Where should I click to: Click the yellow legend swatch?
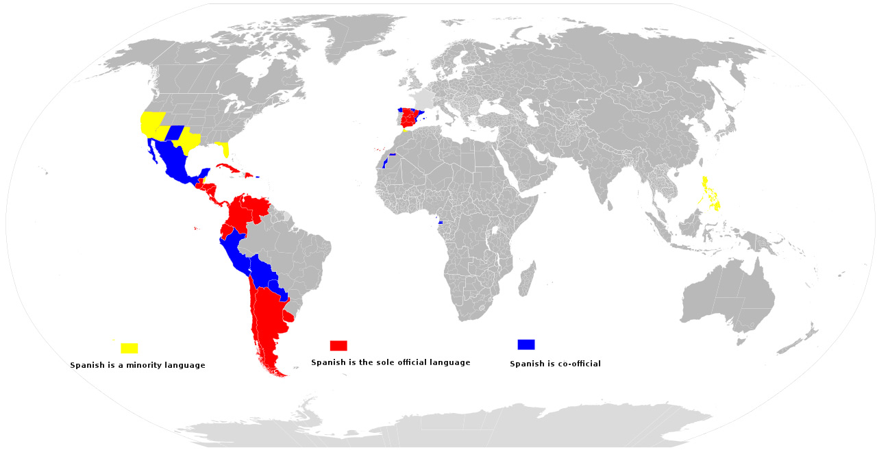click(129, 348)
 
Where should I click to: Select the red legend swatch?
click(338, 345)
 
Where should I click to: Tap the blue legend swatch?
click(526, 344)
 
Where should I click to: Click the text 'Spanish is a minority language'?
click(138, 365)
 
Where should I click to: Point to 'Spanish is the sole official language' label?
click(391, 362)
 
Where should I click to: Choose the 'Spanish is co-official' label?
click(555, 364)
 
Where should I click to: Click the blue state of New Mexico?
click(174, 133)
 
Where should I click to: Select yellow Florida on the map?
click(223, 149)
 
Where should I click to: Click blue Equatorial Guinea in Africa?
click(440, 223)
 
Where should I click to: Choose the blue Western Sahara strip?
click(385, 163)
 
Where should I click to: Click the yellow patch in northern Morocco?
click(405, 131)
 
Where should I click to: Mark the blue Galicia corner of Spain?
click(399, 110)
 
